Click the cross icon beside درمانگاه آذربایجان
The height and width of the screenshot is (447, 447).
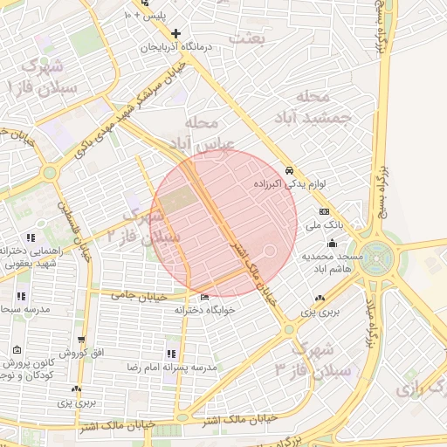(x=176, y=34)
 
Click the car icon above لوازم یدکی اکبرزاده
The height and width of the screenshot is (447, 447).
(x=289, y=171)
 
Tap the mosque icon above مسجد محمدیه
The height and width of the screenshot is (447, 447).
(x=332, y=244)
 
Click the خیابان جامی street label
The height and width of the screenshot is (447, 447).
(x=137, y=295)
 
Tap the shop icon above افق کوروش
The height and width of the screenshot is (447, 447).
(x=81, y=340)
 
